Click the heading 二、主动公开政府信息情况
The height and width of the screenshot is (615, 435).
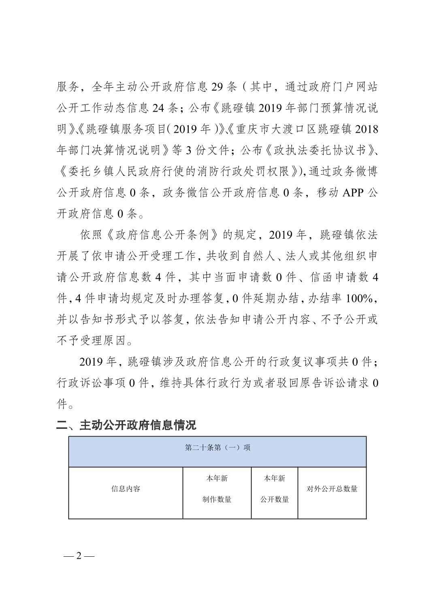(126, 425)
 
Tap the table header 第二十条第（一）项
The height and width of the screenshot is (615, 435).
(217, 447)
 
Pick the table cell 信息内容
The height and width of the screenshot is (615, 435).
(126, 489)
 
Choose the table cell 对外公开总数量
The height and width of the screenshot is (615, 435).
(332, 489)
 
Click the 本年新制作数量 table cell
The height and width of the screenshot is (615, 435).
(217, 489)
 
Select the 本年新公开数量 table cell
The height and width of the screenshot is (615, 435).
(275, 489)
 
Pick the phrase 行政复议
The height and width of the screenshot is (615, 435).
(290, 362)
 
